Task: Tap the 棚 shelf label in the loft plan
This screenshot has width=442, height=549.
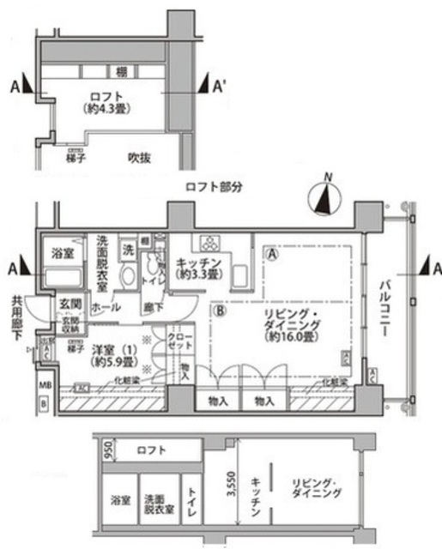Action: coord(124,70)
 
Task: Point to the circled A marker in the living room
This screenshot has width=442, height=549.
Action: coord(271,254)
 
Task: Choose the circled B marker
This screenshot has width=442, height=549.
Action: coord(221,312)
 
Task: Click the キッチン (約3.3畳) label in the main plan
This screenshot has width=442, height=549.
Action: coord(201,268)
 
